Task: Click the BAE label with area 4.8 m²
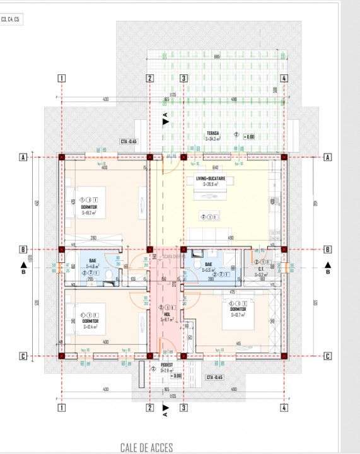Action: pos(92,264)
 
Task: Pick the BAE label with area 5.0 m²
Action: pos(209,265)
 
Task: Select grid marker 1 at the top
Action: pos(62,79)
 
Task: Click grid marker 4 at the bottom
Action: pos(284,408)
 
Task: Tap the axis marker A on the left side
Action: pos(23,158)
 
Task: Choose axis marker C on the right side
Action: pos(327,356)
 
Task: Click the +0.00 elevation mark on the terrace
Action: pos(249,136)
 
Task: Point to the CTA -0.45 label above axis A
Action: pos(129,142)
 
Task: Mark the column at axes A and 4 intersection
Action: pos(284,158)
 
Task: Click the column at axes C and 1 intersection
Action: pos(62,356)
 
